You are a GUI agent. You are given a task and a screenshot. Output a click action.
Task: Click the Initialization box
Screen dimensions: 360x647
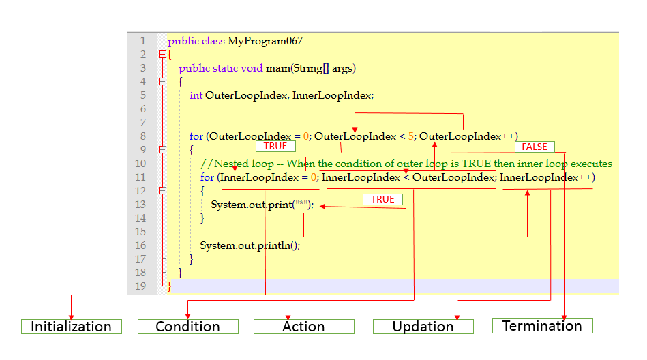(x=71, y=327)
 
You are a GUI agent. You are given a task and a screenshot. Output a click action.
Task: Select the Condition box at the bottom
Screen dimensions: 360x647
(x=187, y=327)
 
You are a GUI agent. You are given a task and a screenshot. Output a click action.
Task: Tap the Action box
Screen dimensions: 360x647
(x=303, y=327)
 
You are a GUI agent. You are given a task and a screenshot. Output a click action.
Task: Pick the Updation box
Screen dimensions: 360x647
(x=423, y=327)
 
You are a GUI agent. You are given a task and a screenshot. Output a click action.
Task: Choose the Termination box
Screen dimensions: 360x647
(x=542, y=326)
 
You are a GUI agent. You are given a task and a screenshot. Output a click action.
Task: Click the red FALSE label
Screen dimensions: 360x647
(x=535, y=147)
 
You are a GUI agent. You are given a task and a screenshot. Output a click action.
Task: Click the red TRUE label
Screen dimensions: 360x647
(x=275, y=147)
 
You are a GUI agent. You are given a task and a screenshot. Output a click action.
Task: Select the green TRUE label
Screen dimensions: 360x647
(x=382, y=199)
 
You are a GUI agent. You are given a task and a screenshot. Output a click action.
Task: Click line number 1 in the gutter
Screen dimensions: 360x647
(x=143, y=41)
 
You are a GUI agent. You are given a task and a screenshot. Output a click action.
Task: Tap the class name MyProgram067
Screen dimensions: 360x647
(x=265, y=41)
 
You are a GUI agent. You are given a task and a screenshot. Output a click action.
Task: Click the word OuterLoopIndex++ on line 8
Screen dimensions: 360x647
(x=468, y=136)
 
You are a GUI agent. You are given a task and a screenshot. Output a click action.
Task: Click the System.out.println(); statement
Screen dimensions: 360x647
(x=250, y=245)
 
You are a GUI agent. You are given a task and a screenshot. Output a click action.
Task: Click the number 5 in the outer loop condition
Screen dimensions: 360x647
(x=411, y=136)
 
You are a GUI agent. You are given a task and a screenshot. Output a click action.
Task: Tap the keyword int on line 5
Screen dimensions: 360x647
(x=196, y=95)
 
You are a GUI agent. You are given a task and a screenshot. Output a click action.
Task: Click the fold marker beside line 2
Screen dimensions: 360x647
(x=162, y=55)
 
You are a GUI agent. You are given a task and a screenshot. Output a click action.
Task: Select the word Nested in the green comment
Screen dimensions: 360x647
(x=232, y=164)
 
